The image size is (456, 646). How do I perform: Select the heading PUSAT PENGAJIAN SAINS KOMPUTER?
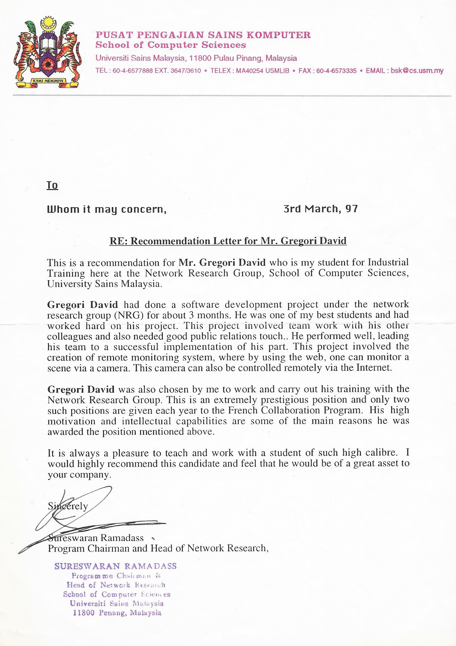[x=203, y=35]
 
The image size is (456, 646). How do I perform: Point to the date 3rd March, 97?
[x=321, y=209]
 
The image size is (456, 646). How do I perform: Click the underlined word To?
[x=52, y=185]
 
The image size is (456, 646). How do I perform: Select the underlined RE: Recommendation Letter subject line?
[x=228, y=241]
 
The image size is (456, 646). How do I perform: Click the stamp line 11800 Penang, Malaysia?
[x=117, y=613]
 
